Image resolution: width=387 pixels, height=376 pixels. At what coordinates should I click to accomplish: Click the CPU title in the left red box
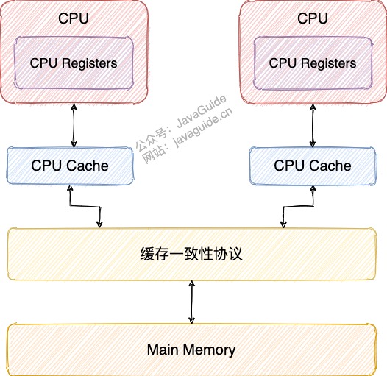[x=74, y=18]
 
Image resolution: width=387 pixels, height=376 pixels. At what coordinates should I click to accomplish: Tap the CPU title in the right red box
[x=312, y=18]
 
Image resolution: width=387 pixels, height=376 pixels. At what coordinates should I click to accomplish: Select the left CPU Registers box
[x=74, y=63]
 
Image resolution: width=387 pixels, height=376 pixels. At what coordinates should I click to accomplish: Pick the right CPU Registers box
[x=313, y=63]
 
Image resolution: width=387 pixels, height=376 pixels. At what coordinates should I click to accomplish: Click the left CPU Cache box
[x=70, y=166]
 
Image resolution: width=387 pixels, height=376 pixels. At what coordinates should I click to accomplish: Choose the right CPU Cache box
[x=313, y=166]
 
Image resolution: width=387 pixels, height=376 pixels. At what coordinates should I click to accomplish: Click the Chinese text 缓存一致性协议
[x=191, y=254]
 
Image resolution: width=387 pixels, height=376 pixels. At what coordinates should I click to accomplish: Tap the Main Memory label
[x=191, y=350]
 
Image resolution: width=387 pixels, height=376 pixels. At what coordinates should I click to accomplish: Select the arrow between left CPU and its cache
[x=74, y=126]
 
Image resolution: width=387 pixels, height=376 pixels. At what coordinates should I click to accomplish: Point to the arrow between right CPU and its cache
[x=313, y=126]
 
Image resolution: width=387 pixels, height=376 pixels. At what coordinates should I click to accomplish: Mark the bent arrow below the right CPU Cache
[x=298, y=206]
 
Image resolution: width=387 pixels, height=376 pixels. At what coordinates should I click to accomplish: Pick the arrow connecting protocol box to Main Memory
[x=191, y=302]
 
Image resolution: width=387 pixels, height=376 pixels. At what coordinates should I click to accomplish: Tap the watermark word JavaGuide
[x=201, y=112]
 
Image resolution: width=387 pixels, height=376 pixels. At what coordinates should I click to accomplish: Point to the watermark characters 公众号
[x=152, y=140]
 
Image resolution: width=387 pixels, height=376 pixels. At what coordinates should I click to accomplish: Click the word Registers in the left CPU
[x=89, y=64]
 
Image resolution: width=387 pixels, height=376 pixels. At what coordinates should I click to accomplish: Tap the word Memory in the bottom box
[x=209, y=350]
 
